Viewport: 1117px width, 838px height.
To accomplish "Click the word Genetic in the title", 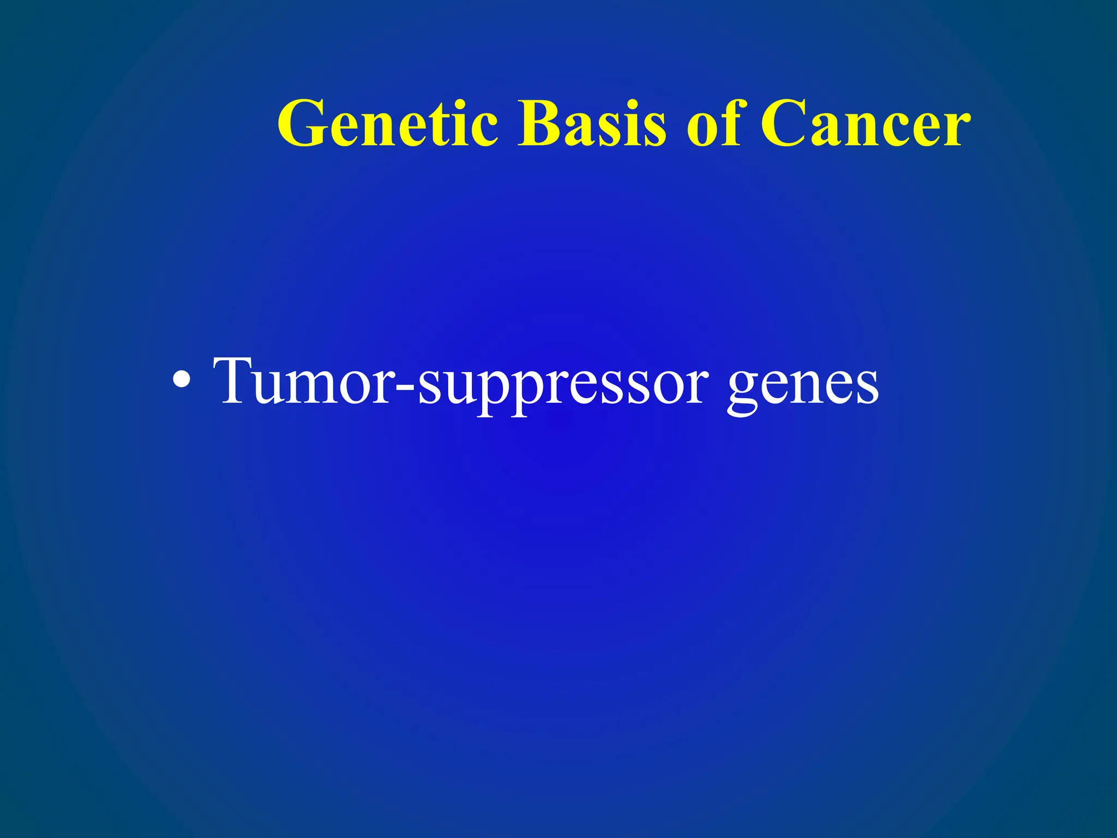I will click(x=388, y=124).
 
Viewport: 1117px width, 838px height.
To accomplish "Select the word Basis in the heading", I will click(x=592, y=124).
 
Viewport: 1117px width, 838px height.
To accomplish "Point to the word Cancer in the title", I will click(x=865, y=124).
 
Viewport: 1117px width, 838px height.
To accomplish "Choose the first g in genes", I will click(x=744, y=390).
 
